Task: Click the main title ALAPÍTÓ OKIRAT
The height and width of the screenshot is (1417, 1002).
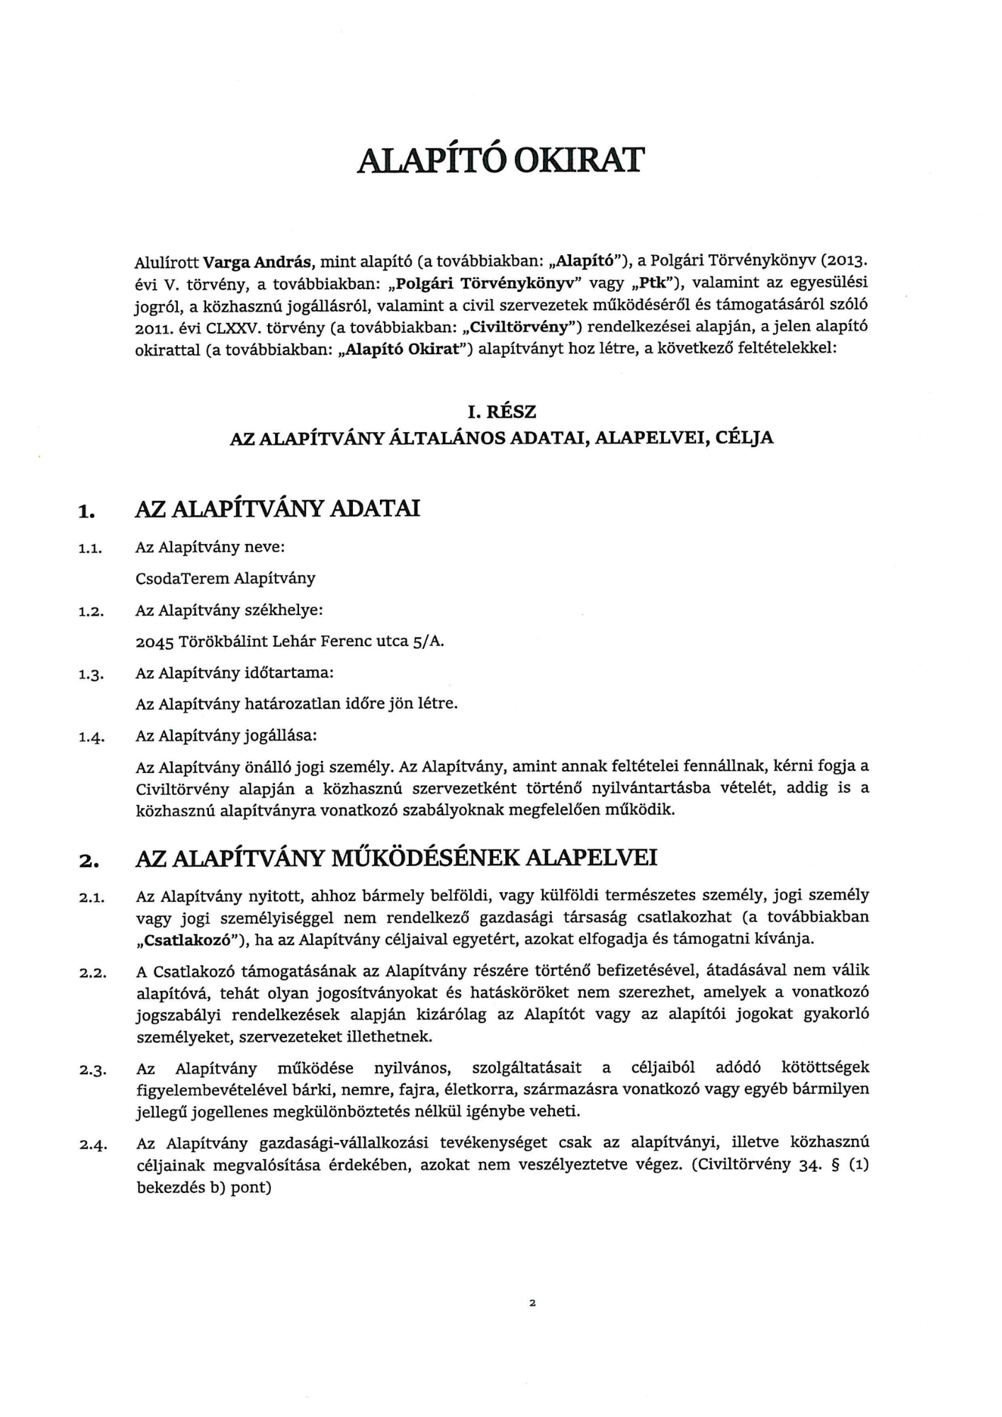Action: tap(501, 161)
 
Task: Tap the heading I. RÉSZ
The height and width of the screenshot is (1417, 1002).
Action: tap(501, 411)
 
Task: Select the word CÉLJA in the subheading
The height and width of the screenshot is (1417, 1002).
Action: tap(745, 438)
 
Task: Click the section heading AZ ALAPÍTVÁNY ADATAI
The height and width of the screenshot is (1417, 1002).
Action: tap(278, 509)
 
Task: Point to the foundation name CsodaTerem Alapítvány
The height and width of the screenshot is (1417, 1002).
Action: tap(225, 578)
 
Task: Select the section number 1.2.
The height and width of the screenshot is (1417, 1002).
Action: tap(92, 612)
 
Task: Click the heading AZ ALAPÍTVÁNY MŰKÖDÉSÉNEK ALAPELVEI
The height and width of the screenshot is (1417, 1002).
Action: tap(396, 858)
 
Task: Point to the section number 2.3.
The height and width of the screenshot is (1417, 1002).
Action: tap(92, 1070)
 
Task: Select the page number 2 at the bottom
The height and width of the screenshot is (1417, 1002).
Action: tap(531, 1302)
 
